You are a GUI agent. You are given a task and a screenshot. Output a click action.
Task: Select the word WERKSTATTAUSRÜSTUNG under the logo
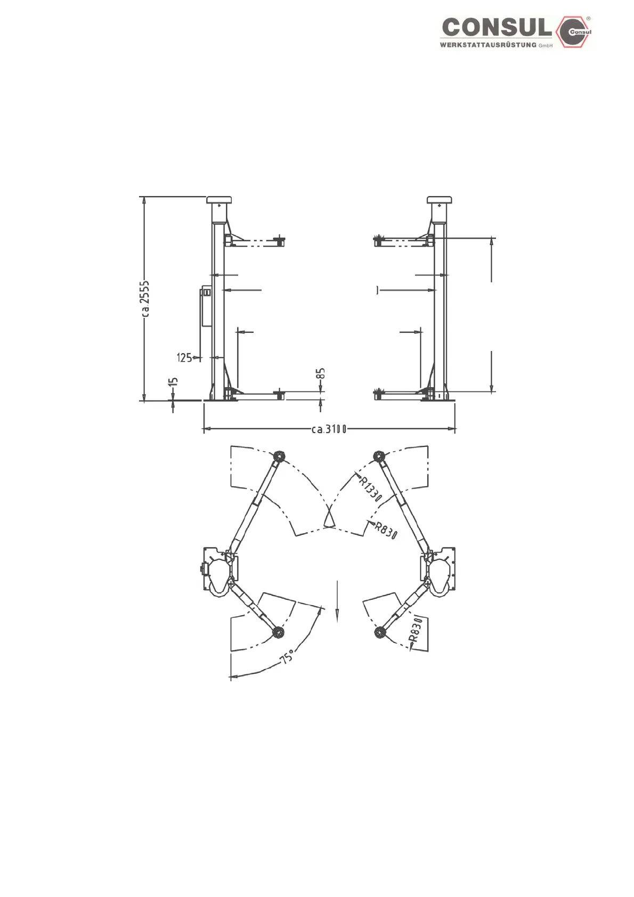click(488, 45)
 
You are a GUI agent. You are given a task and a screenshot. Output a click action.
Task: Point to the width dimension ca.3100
click(329, 430)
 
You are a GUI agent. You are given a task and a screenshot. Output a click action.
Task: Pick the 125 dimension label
click(184, 357)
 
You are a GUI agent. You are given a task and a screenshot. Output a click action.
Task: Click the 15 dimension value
click(174, 382)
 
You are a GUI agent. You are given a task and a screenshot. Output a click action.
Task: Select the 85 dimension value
click(320, 373)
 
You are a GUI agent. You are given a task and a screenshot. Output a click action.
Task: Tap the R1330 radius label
click(370, 490)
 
